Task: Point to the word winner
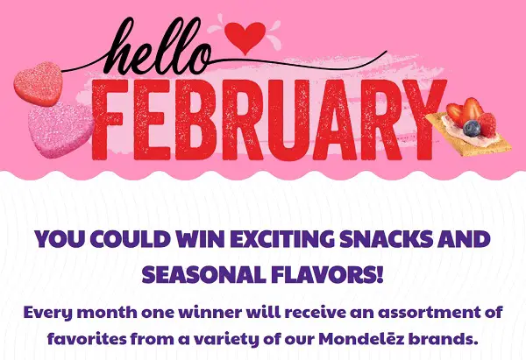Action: pos(207,311)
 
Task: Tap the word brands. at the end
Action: pos(470,335)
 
